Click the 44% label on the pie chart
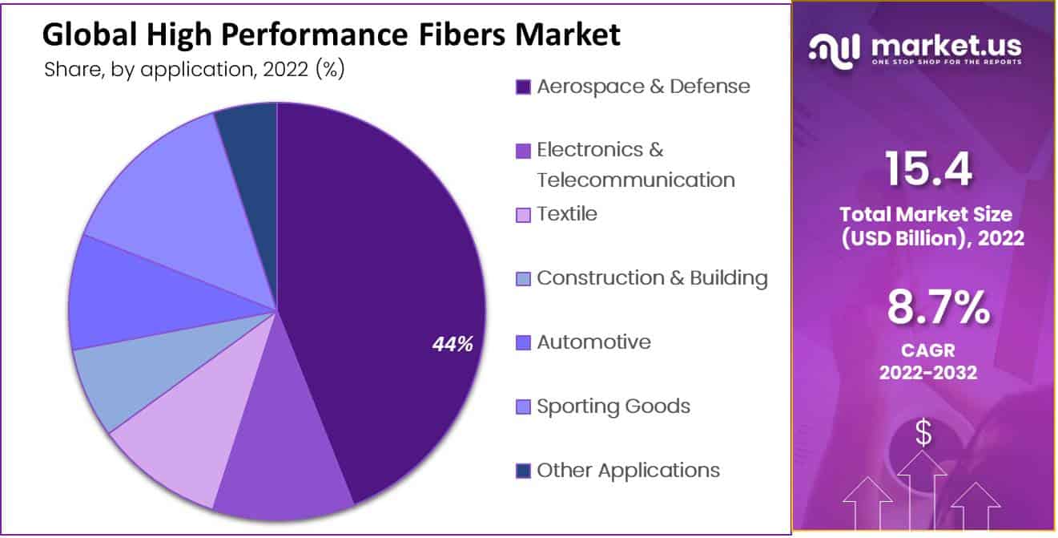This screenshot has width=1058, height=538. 453,344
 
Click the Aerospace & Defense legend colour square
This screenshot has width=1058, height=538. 523,87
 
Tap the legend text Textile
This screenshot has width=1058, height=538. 566,214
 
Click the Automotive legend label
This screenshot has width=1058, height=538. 593,342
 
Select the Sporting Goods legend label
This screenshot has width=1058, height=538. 613,407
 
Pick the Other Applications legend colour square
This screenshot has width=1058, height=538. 523,471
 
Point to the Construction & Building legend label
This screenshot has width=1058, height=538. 652,278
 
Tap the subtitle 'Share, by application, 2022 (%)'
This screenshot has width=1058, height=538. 195,71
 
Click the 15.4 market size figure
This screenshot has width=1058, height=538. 928,169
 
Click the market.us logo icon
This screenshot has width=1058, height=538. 834,50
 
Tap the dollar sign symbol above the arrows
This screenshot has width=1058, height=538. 923,434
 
